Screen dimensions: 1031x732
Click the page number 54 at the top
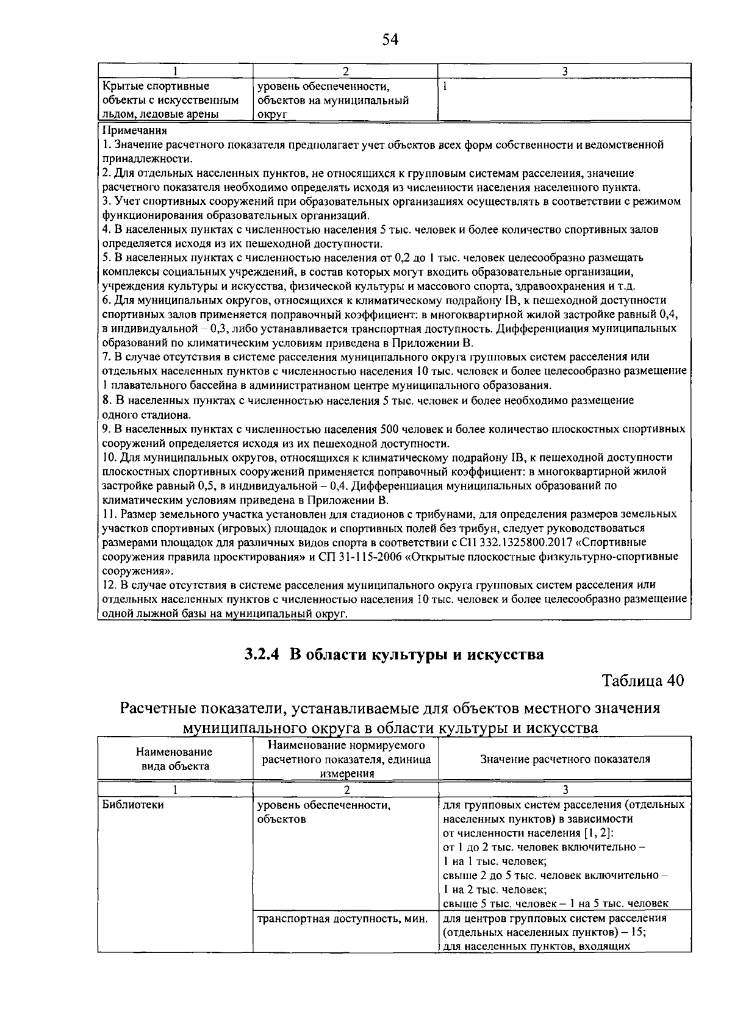tap(390, 40)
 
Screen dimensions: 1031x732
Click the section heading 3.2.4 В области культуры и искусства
tap(393, 654)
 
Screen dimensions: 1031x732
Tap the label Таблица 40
tap(643, 680)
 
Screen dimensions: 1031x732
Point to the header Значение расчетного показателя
tap(565, 759)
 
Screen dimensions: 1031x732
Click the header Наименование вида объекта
tap(174, 759)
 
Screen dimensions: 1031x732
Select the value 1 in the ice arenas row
tap(445, 87)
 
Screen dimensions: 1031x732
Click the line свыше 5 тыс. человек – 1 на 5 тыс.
tap(555, 904)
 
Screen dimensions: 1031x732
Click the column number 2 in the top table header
tap(345, 71)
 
